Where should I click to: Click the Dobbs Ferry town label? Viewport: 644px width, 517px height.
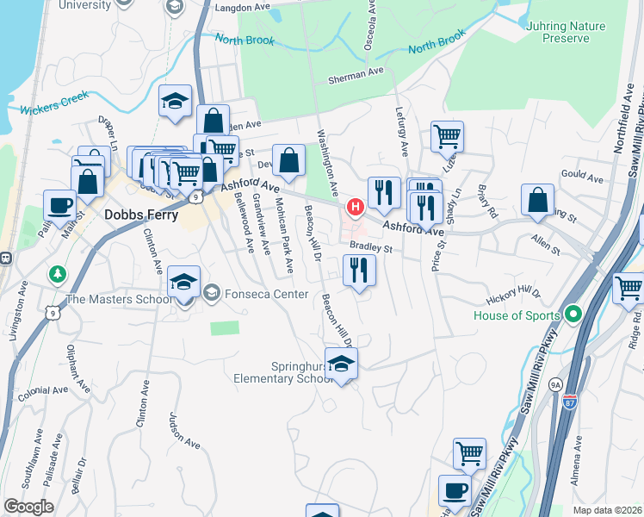tap(140, 215)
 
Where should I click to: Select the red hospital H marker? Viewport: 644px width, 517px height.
tap(354, 208)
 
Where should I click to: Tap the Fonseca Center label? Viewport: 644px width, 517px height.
tap(266, 295)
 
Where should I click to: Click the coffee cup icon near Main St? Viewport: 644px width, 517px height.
tap(59, 205)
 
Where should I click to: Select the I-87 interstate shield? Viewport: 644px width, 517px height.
tap(569, 402)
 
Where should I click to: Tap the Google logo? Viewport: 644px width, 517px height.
tap(28, 507)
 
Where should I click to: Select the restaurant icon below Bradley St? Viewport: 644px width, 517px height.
tap(359, 271)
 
